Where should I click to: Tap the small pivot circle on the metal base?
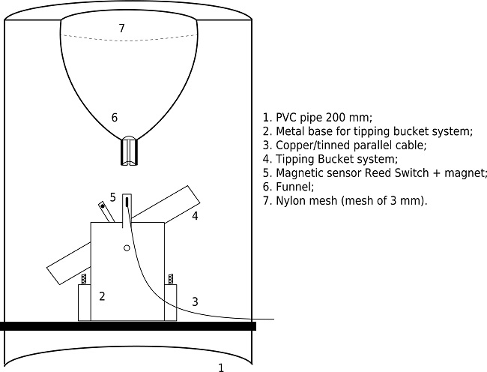click(127, 248)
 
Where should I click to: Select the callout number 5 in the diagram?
click(112, 197)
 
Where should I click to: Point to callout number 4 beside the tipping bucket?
click(195, 216)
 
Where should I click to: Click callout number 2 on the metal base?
click(102, 296)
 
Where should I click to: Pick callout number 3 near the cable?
click(195, 301)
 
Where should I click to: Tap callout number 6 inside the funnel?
click(114, 117)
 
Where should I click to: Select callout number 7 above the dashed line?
click(121, 28)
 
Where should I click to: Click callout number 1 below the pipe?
click(220, 367)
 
